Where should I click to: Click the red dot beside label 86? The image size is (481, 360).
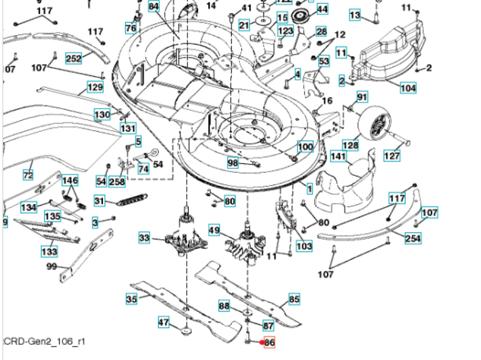261,342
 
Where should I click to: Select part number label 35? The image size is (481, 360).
131,299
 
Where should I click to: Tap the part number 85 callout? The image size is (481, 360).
294,299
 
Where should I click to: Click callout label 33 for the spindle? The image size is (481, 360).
145,237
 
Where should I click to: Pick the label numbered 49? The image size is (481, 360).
214,231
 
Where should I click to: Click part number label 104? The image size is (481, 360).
407,88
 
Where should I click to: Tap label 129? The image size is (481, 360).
94,87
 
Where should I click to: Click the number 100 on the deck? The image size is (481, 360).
305,147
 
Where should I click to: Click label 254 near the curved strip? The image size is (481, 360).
412,239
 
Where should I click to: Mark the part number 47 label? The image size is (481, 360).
163,323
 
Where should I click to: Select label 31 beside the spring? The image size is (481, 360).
99,200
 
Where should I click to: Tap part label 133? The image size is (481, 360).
49,251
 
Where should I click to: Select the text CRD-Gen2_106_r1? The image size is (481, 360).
44,341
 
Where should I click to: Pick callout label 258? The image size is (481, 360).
117,182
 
